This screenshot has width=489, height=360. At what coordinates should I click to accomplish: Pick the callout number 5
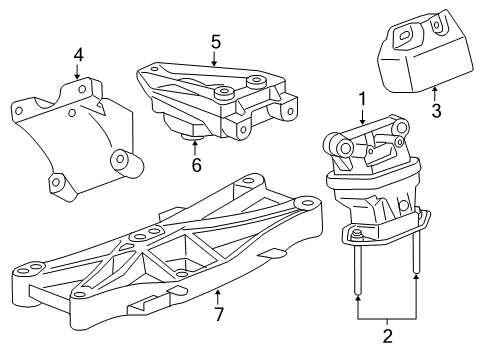pos(215,43)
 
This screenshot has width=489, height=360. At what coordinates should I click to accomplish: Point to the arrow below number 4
pos(78,71)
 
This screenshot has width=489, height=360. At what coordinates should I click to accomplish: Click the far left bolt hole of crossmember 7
pos(23,267)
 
